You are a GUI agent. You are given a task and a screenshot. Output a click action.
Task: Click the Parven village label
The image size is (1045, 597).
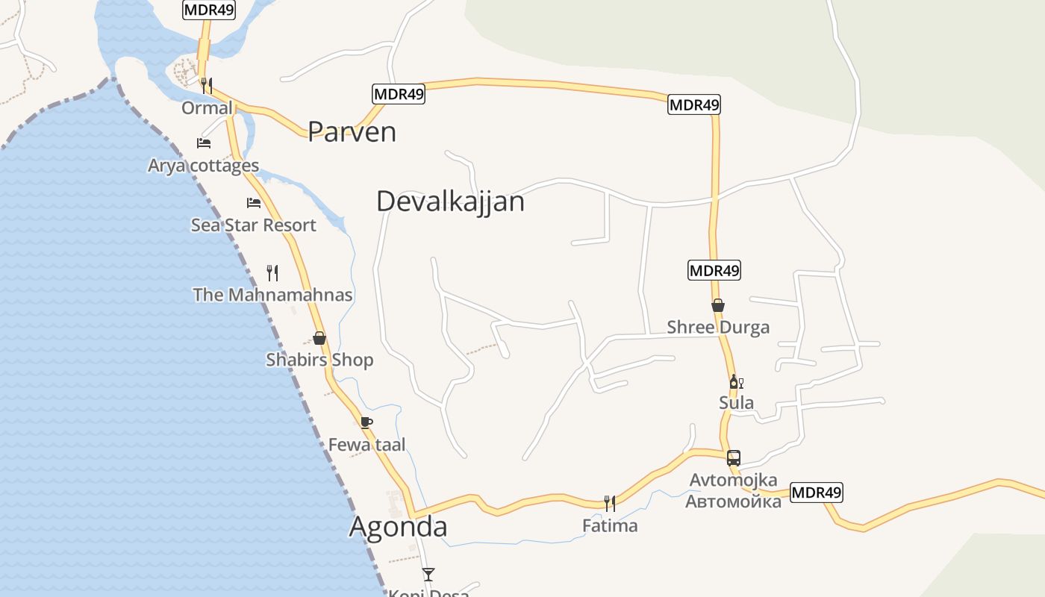352,131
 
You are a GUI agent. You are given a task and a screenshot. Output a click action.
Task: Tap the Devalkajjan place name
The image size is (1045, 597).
450,201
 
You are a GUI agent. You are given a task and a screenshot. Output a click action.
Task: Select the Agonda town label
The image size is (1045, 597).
399,527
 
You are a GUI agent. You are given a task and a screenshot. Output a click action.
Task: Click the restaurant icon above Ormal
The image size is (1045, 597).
207,85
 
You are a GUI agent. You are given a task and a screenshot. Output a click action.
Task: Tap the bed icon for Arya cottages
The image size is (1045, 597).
204,143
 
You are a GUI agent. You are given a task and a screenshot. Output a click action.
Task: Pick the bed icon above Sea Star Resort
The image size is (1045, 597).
254,202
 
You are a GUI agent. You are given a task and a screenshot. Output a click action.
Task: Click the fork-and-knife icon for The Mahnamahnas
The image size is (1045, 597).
272,272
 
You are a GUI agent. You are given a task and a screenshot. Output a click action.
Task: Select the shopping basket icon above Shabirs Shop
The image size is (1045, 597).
319,338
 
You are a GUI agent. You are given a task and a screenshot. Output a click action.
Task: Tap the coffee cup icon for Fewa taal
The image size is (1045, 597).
366,422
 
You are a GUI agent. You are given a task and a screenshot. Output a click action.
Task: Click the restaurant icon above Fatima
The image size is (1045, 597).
610,503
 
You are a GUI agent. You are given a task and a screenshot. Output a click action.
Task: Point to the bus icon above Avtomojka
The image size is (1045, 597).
734,457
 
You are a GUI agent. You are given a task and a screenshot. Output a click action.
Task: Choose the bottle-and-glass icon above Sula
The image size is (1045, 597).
736,382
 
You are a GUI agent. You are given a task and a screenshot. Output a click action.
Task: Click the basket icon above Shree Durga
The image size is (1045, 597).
718,305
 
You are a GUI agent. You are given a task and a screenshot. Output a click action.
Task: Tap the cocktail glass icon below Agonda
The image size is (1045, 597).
428,574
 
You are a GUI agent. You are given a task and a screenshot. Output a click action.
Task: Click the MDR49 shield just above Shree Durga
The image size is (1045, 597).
714,270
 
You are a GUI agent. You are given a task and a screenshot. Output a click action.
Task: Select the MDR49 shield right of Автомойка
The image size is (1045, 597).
816,493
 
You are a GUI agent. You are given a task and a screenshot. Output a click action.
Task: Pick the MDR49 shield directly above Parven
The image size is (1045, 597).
399,94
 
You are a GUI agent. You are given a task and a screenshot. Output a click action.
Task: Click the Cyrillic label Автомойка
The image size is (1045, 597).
733,501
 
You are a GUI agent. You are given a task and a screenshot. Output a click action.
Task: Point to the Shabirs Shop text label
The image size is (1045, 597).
319,360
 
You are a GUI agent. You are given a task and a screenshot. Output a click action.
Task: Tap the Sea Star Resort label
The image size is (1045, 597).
254,225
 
